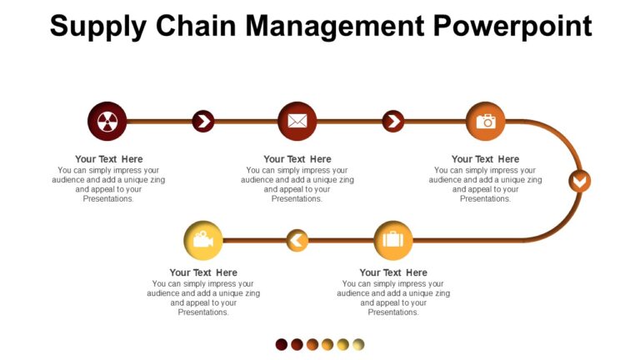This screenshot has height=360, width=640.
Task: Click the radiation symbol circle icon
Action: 107,122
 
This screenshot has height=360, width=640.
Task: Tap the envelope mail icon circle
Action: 297,122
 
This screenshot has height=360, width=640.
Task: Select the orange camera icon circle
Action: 486,122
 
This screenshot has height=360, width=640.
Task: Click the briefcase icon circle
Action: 392,241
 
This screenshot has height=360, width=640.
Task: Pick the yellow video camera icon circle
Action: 203,241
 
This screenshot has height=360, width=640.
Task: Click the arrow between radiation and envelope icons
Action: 203,122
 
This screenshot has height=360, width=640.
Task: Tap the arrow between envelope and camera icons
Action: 393,122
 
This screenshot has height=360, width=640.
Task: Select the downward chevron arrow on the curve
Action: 579,181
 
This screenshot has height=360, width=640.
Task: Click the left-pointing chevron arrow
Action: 297,241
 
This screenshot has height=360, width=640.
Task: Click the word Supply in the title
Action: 96,27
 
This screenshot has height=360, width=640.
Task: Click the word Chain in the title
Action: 197,27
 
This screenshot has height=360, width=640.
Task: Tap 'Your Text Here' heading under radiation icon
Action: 108,159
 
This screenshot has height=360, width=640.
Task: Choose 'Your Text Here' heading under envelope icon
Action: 297,159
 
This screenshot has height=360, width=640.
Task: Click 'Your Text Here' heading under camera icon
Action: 485,159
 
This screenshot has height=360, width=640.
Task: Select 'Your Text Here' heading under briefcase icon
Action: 393,272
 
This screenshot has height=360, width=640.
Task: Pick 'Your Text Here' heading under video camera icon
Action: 203,272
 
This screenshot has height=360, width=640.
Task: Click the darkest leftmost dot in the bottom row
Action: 282,344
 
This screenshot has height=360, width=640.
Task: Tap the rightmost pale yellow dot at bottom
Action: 358,344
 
